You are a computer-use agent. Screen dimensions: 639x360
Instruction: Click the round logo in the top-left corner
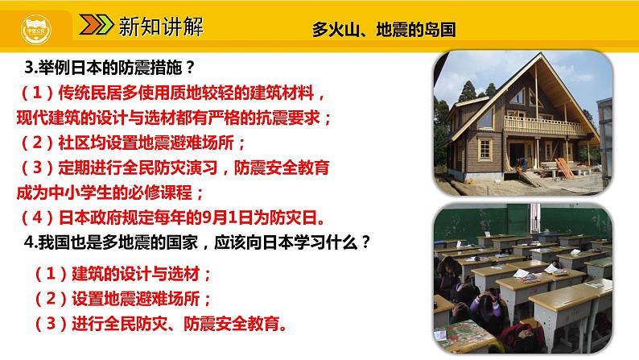36,30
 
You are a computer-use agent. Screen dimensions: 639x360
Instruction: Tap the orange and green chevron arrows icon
96,25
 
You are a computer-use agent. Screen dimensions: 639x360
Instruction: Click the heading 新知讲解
161,27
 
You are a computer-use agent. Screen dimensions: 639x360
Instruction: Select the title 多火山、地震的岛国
384,30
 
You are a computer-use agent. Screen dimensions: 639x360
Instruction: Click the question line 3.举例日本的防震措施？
110,68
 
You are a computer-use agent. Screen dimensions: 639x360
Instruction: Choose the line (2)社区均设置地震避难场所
133,143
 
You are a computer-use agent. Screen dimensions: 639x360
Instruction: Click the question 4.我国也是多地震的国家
111,242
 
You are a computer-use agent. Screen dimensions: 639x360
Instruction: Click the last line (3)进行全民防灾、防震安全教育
161,324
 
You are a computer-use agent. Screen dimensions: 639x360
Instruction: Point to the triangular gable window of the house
518,97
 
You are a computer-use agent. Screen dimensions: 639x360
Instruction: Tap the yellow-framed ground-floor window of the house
485,150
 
